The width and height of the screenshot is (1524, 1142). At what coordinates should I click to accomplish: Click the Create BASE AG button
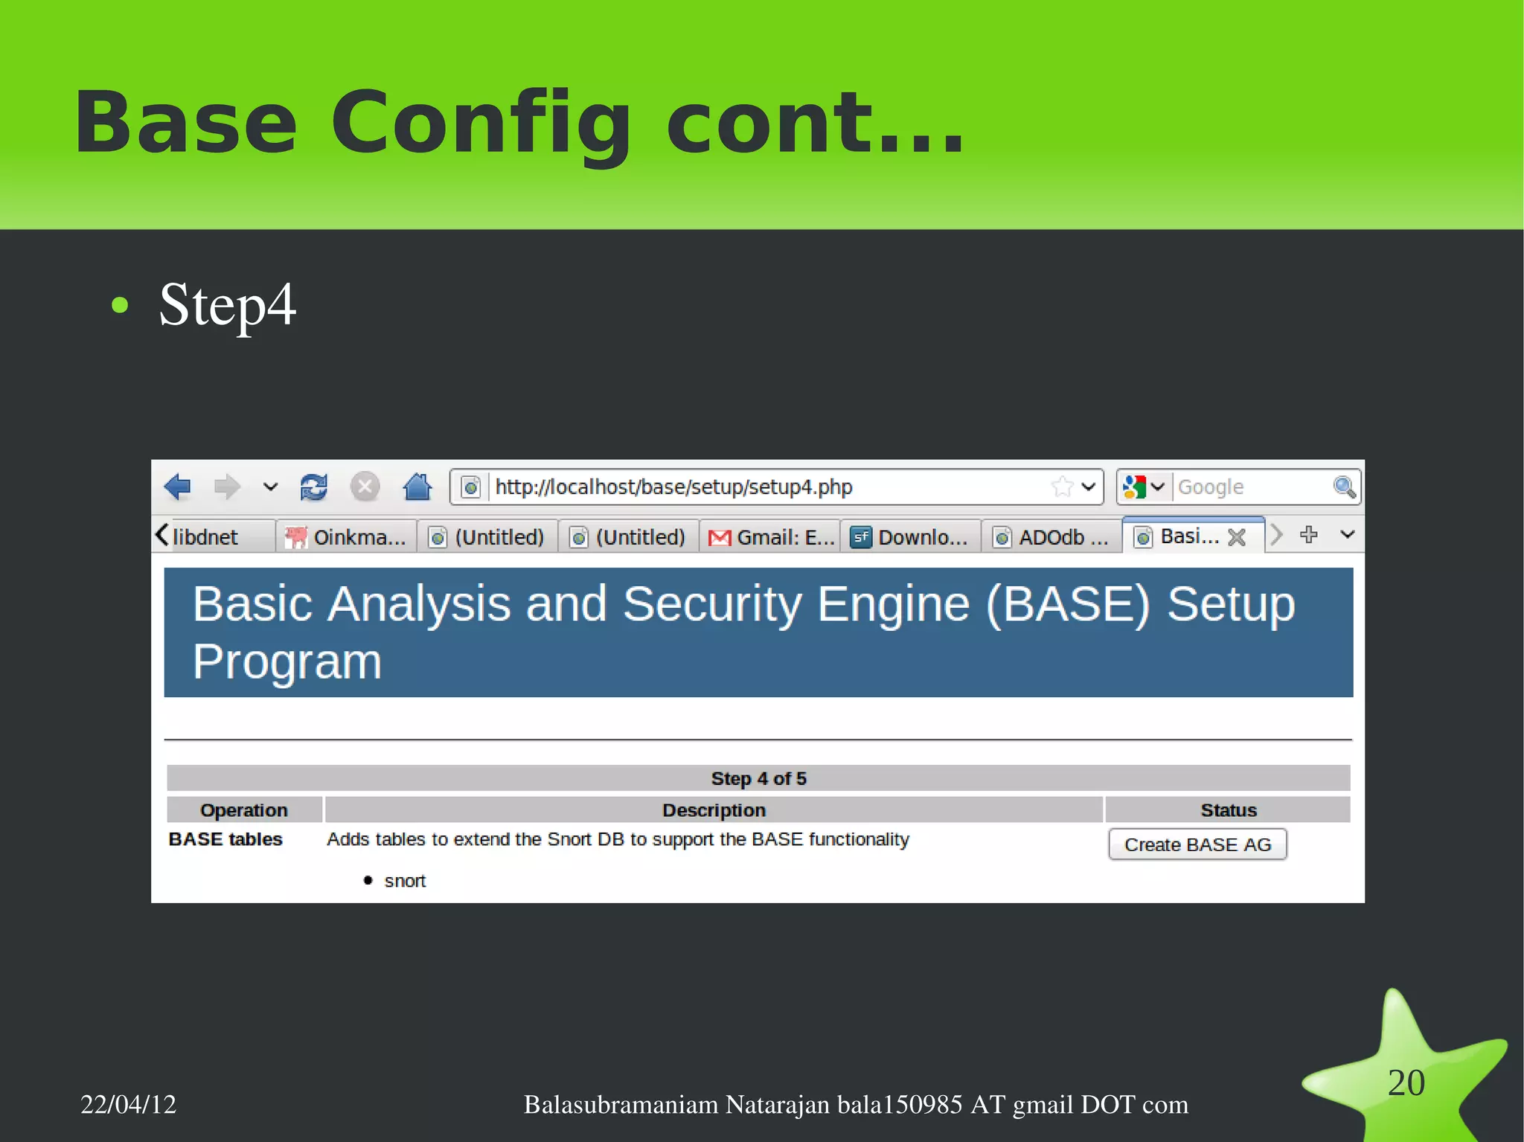[x=1197, y=844]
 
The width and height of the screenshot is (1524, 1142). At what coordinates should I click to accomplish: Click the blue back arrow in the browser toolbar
[x=178, y=487]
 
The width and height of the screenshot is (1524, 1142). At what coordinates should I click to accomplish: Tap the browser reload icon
[x=313, y=487]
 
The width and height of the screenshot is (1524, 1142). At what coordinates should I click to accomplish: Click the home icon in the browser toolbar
[x=417, y=487]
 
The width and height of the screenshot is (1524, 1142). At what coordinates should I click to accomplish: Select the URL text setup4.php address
[x=673, y=487]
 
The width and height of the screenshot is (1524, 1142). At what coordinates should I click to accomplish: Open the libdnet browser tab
[x=205, y=536]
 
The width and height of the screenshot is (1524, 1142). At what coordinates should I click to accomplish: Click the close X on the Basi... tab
[x=1237, y=537]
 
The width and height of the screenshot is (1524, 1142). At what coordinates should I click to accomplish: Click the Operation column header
[x=243, y=809]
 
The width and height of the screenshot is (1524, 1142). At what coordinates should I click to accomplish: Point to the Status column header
[x=1228, y=809]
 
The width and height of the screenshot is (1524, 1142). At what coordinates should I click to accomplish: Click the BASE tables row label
[x=225, y=839]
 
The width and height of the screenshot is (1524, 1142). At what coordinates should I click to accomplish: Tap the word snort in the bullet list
[x=405, y=881]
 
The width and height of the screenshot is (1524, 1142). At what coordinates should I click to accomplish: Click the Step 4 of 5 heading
[x=758, y=778]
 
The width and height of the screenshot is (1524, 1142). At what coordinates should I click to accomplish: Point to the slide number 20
[x=1406, y=1082]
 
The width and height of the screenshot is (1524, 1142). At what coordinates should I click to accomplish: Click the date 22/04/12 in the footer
[x=128, y=1104]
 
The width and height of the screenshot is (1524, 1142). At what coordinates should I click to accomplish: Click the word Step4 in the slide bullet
[x=227, y=305]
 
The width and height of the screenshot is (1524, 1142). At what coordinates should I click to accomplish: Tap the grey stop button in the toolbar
[x=365, y=487]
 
